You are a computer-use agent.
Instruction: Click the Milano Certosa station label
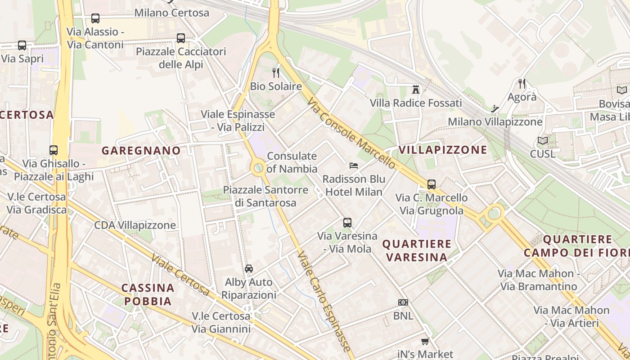click(x=172, y=13)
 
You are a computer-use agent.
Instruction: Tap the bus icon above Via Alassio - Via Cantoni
click(x=95, y=18)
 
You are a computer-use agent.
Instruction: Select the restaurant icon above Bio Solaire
click(x=276, y=72)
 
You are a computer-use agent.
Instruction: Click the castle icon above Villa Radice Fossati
click(x=416, y=89)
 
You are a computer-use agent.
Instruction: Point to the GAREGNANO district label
click(x=141, y=150)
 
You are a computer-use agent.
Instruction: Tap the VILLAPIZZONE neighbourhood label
click(x=443, y=149)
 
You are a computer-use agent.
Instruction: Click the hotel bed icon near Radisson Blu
click(x=354, y=166)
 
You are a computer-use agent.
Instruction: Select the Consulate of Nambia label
click(x=292, y=162)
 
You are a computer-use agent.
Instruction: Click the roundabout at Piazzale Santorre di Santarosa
click(x=258, y=169)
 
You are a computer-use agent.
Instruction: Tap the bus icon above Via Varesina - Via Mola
click(x=347, y=222)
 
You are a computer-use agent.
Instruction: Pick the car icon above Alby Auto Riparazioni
click(x=249, y=269)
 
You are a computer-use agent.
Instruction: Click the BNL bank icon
click(x=403, y=302)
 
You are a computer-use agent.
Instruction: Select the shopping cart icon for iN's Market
click(x=425, y=341)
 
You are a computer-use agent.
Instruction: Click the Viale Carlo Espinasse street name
click(x=324, y=301)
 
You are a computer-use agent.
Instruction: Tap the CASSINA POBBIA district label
click(x=148, y=294)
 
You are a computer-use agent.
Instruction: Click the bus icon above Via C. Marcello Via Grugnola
click(x=432, y=184)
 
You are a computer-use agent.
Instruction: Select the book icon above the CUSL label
click(x=543, y=140)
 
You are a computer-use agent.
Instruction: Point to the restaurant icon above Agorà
click(x=522, y=83)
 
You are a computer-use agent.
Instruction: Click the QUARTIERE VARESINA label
click(x=417, y=251)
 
